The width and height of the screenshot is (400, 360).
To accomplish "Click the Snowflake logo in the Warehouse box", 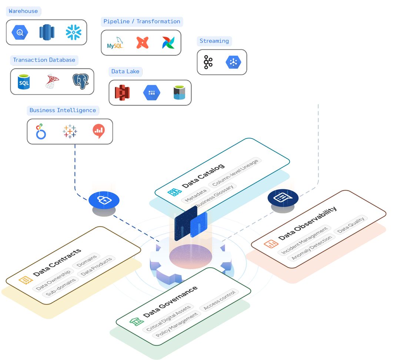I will coord(73,33).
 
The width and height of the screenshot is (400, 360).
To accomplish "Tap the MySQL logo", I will coord(115,43).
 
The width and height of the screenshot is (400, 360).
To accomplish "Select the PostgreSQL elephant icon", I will coord(80,81).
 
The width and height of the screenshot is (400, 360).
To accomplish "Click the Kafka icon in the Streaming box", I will coord(208,62).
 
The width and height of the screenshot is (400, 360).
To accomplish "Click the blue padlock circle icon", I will coord(104,200).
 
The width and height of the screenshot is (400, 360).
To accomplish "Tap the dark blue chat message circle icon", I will coord(283,198).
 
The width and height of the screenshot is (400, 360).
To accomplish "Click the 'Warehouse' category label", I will coord(23,11).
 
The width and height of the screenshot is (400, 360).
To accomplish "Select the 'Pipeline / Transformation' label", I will coord(142,21).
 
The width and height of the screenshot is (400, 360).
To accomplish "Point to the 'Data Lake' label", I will coord(125,71).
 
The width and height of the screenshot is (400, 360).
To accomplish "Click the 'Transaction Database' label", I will coord(44,60).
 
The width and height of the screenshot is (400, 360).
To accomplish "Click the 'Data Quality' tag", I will coord(351,224).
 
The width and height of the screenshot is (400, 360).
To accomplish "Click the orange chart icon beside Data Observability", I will coord(271,244).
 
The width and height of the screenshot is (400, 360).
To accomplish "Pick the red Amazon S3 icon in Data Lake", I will coord(122,93).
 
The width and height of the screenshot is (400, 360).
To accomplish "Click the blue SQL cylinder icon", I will coord(24,81).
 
